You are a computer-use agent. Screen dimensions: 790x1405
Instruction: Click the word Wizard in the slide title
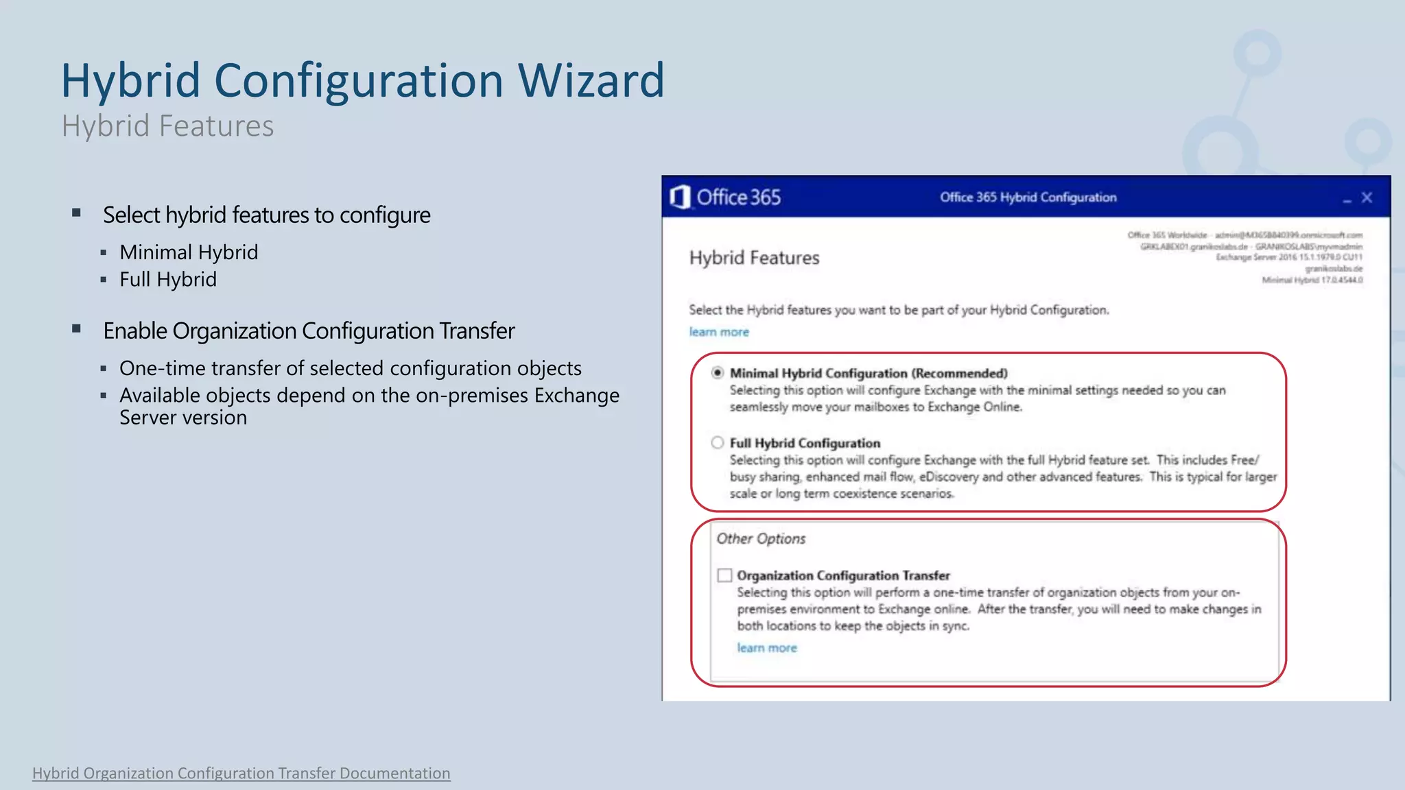pos(591,81)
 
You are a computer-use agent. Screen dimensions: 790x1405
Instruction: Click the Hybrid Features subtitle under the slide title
pos(167,126)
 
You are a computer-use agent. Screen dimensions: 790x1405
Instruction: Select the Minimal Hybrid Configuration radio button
pos(718,373)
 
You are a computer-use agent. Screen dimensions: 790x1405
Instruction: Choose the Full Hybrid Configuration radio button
pos(718,443)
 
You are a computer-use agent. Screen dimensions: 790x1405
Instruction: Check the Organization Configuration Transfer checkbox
pos(724,575)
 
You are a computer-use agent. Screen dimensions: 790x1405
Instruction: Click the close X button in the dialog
pos(1367,198)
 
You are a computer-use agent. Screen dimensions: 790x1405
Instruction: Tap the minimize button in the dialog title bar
pos(1347,200)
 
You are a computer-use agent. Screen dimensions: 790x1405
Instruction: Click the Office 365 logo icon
pos(679,197)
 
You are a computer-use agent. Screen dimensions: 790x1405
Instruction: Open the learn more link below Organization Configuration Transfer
pos(767,648)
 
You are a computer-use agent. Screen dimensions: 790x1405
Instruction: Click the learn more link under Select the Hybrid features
pos(719,332)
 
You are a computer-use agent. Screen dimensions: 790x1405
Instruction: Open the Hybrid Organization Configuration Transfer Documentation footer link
pos(241,774)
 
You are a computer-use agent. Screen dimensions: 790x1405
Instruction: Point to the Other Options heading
pos(761,539)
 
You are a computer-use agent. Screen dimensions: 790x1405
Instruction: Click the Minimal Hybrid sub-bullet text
pos(189,252)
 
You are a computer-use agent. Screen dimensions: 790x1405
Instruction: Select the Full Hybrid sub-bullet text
pos(168,280)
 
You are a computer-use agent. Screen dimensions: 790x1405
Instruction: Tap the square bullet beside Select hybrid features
pos(77,213)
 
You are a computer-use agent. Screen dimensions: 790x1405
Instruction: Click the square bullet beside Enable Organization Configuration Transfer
pos(77,329)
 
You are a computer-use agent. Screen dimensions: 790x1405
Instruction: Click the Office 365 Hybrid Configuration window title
pos(1028,197)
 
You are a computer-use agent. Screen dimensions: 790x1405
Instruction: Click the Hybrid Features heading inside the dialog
pos(754,258)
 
